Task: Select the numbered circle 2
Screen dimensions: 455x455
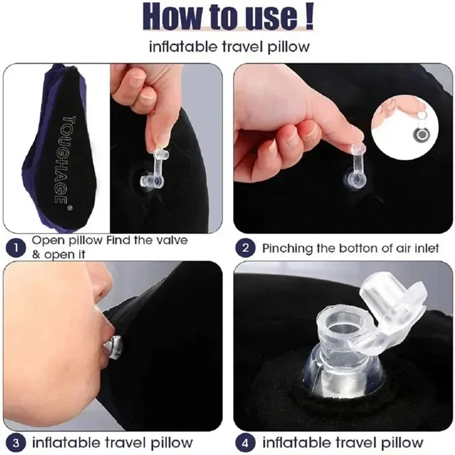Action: point(246,248)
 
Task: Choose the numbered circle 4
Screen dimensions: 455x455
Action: point(246,442)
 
